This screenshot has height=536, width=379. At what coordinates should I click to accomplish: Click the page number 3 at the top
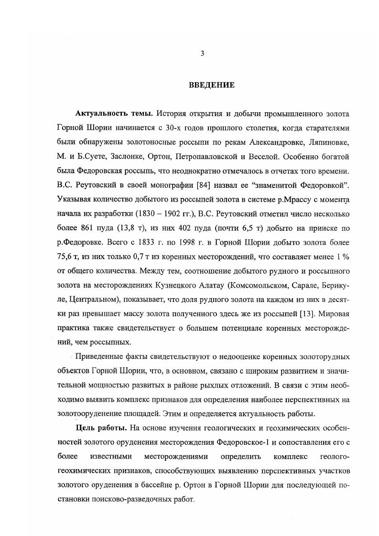point(202,54)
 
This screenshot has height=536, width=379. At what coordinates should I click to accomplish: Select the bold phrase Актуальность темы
point(114,115)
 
